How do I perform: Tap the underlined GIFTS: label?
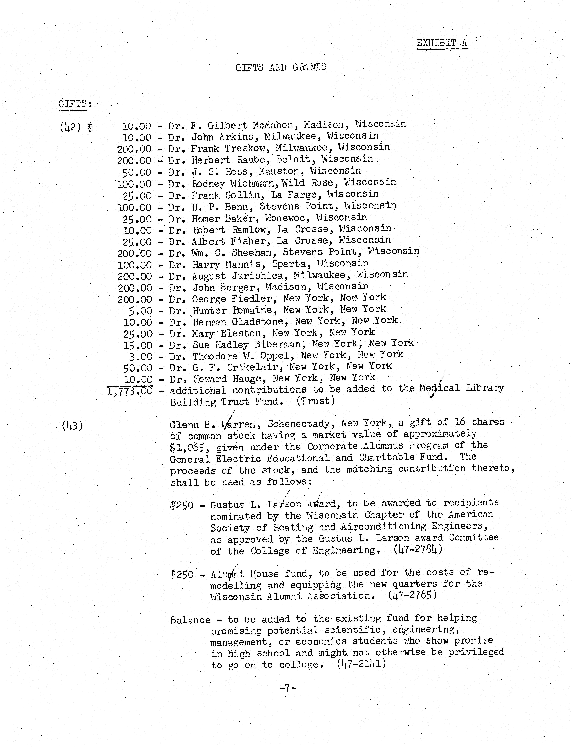point(75,104)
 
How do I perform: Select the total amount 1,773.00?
point(130,391)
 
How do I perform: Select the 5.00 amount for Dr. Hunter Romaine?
point(140,311)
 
